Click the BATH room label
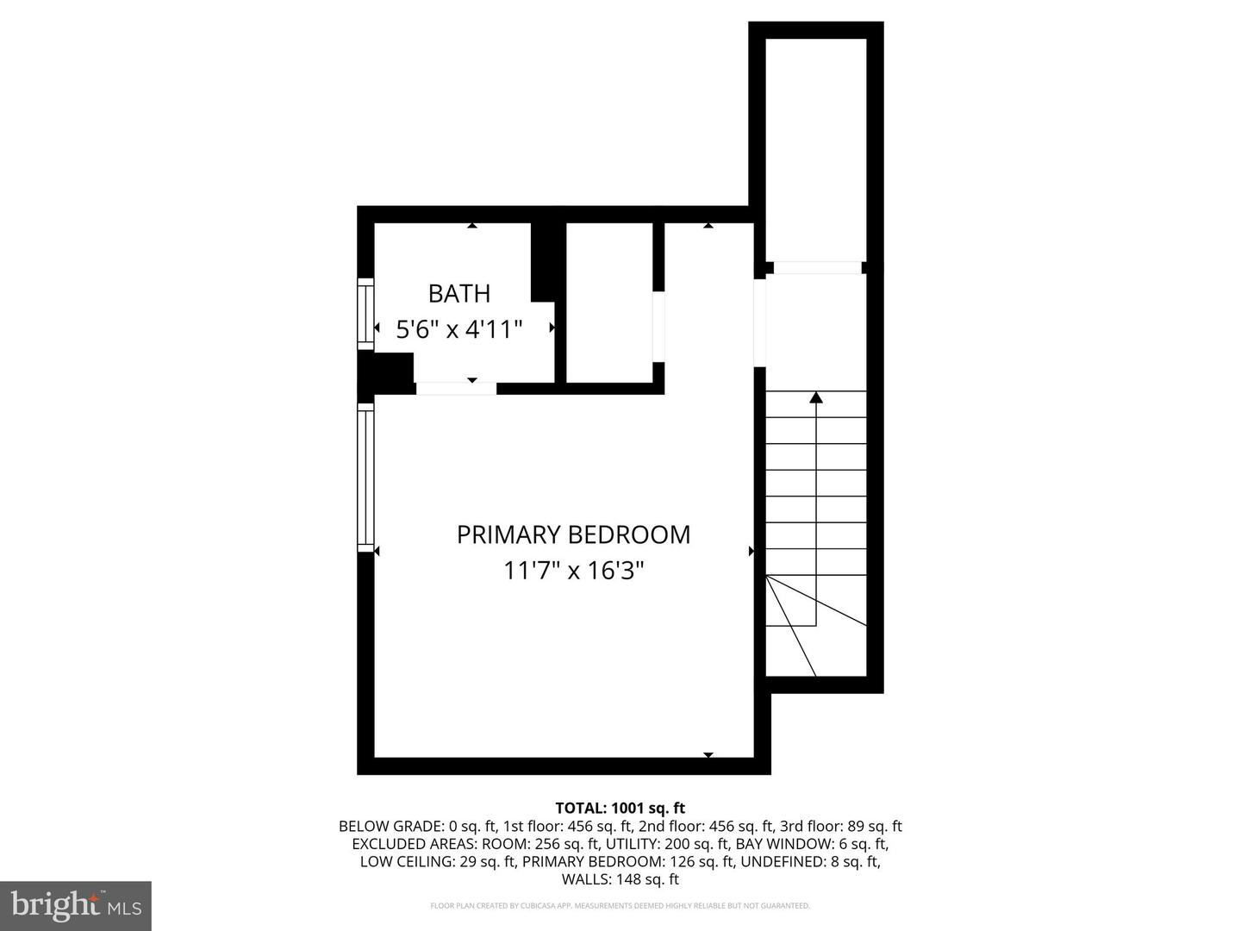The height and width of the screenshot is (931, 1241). tap(459, 294)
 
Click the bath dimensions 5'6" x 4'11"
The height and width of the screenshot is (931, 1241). tap(459, 329)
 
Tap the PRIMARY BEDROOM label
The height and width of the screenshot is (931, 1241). tap(573, 534)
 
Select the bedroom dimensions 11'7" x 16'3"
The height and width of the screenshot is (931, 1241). tap(573, 571)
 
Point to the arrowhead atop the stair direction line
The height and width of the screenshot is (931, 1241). tap(815, 397)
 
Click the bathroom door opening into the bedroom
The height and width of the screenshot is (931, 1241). tap(456, 388)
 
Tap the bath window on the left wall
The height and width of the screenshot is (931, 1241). tap(366, 314)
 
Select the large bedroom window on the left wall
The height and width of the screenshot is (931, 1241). tap(366, 478)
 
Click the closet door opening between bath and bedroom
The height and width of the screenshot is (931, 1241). tap(658, 327)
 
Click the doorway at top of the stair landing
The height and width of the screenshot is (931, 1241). tap(817, 268)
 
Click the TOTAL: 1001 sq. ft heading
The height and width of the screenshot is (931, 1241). tap(620, 808)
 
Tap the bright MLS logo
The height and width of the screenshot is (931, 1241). tap(76, 905)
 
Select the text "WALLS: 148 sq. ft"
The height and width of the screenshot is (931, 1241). tap(620, 879)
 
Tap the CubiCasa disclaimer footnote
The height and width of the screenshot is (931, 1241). tap(620, 906)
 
